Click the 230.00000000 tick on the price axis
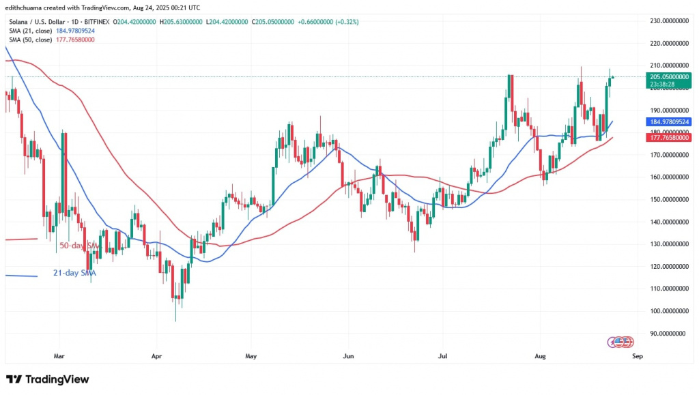coord(666,21)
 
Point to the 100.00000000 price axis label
coord(666,311)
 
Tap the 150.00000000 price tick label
coord(666,200)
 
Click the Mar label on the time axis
coord(59,355)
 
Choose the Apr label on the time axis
coord(156,355)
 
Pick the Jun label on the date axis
coord(349,355)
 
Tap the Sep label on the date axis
coord(638,355)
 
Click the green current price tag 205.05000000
coord(666,77)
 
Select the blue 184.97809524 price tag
coord(666,121)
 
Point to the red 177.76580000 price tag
coord(666,137)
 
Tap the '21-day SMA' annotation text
coord(74,273)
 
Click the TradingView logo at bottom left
coord(48,379)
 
